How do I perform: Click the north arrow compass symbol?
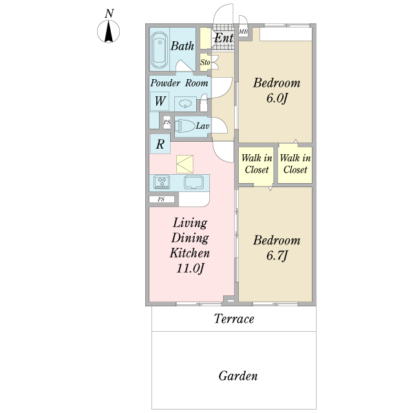(109, 31)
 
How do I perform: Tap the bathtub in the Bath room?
(160, 50)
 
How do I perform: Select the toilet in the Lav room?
(185, 126)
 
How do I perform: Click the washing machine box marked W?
(160, 101)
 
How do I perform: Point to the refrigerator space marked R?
(160, 144)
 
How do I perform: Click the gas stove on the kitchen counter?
(162, 182)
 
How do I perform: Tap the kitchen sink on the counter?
(193, 182)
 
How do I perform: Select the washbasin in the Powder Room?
(185, 103)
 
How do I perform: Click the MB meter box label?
(243, 32)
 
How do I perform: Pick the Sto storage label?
(205, 63)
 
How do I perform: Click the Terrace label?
(234, 319)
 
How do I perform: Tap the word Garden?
(238, 376)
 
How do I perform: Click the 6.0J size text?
(276, 98)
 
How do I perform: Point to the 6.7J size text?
(277, 256)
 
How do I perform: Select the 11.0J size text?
(190, 268)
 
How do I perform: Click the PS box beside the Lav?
(167, 123)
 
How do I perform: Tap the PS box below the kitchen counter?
(162, 200)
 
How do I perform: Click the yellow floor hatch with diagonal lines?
(184, 164)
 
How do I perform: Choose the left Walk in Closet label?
(257, 164)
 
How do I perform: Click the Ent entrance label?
(224, 38)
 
